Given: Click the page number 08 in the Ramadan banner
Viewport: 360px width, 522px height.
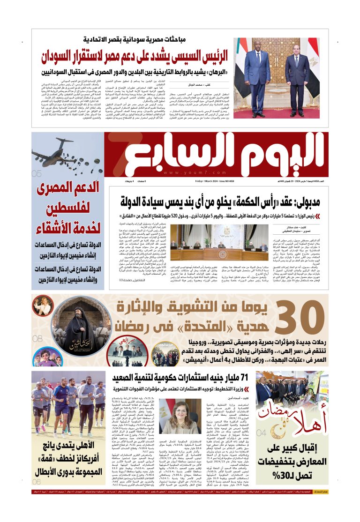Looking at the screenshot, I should point(37,338).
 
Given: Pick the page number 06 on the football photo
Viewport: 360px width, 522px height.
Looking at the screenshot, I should point(37,481).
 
